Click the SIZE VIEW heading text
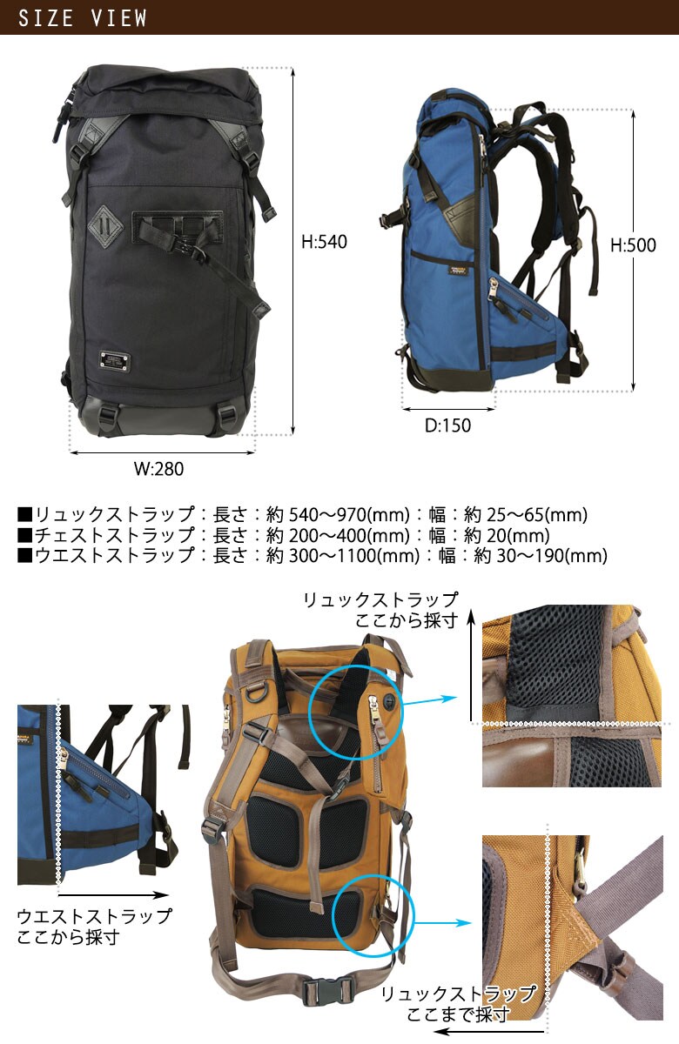coord(83,17)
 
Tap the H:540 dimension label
coord(324,243)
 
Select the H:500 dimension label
coord(633,246)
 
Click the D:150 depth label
coord(447,425)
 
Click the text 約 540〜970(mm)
coord(338,514)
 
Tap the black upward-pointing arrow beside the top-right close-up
coord(470,666)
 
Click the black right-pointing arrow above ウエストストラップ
coord(114,894)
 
